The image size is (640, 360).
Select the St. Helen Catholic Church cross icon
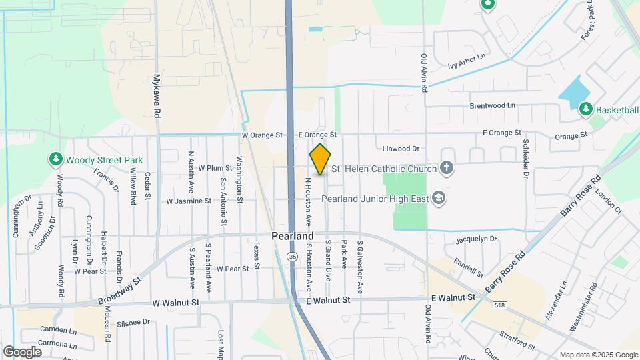[447, 169]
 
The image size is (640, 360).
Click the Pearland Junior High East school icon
[439, 197]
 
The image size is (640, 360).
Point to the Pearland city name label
[293, 237]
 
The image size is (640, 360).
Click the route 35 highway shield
[293, 256]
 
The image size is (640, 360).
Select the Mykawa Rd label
[158, 96]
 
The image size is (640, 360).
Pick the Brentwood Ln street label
[492, 105]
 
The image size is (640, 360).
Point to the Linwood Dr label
[401, 149]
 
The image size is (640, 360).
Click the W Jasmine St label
[189, 200]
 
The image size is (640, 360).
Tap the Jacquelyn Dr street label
[477, 239]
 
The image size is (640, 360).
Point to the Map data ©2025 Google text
[598, 355]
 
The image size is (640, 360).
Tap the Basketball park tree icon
[586, 108]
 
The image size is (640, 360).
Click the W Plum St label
[214, 168]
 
